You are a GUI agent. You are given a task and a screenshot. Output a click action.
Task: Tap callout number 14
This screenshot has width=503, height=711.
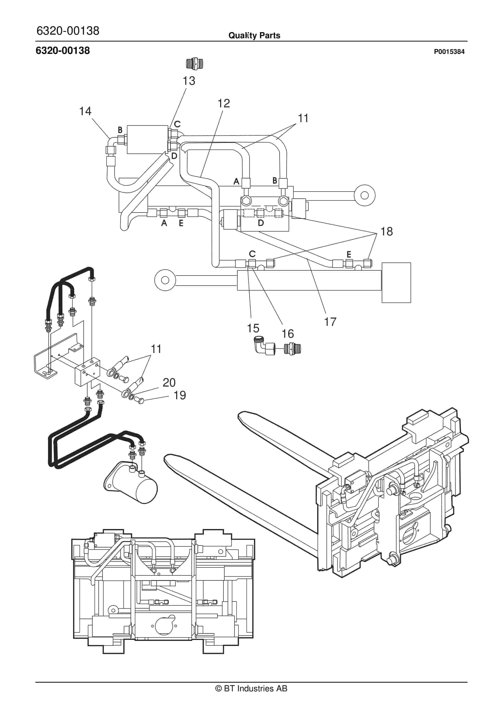point(85,111)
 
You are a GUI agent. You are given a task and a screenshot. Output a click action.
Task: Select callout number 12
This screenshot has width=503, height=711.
point(224,103)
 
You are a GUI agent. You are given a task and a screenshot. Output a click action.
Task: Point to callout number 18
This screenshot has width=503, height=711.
point(386,231)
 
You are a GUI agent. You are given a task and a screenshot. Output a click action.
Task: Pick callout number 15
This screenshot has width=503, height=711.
point(253,328)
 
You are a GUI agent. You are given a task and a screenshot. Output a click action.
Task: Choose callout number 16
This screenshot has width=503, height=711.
point(287,334)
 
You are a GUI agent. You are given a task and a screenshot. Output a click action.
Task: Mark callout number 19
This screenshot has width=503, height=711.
point(180,395)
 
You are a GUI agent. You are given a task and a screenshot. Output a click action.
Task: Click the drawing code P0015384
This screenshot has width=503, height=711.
point(449,52)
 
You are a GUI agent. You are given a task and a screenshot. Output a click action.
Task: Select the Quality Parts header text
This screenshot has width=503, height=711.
point(254,36)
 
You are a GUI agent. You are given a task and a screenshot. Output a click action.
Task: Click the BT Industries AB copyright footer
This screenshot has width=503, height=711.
point(251,688)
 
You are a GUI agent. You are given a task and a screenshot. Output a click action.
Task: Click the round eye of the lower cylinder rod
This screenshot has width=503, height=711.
point(165,280)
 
